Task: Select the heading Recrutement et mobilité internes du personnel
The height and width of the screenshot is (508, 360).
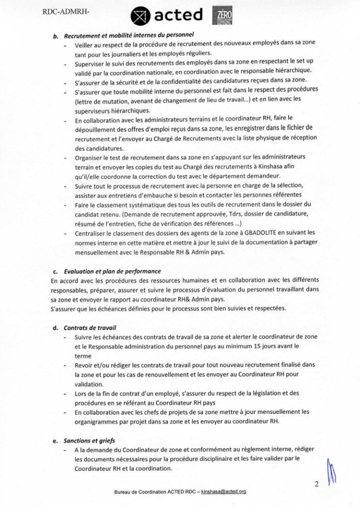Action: coord(128,35)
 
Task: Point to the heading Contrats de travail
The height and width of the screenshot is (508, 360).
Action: coord(90,327)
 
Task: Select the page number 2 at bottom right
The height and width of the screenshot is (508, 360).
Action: coord(316,484)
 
